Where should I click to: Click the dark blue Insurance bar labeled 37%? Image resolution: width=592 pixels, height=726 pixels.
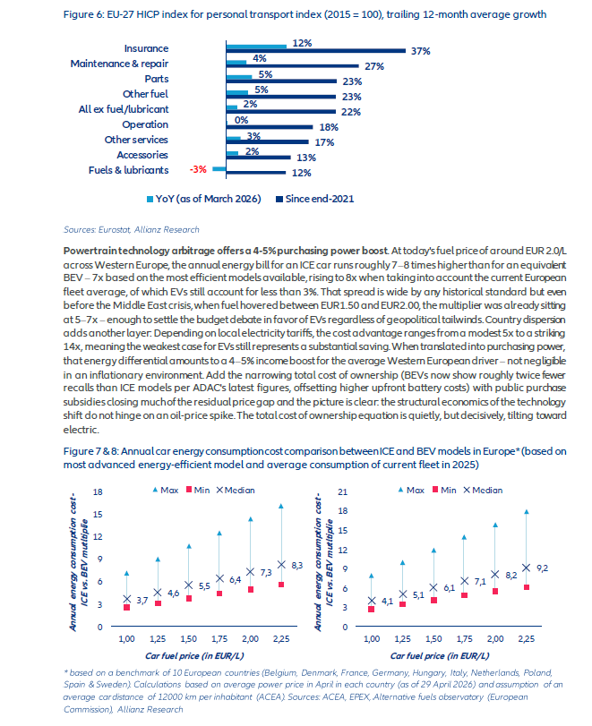tap(316, 51)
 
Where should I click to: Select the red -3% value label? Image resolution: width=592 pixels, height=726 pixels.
tap(198, 169)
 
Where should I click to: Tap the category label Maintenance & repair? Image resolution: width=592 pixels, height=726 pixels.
tap(119, 64)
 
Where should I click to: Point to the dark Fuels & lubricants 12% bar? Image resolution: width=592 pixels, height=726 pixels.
tap(256, 172)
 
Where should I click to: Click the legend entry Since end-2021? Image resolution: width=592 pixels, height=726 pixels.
tap(315, 199)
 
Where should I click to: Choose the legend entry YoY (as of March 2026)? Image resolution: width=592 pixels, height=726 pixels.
tap(204, 199)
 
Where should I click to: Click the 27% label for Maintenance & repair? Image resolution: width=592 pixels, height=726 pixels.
tap(374, 66)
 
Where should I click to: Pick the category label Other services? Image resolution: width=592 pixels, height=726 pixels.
tap(136, 140)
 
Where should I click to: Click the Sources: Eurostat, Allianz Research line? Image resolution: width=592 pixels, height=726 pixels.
tap(131, 230)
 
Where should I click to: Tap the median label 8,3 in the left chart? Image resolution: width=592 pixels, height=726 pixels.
tap(297, 566)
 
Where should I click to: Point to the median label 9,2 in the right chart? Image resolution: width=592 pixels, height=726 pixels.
tap(542, 568)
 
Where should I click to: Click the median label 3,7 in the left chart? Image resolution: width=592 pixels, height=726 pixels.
tap(142, 601)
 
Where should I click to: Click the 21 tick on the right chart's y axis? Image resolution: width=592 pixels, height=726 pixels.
tap(343, 491)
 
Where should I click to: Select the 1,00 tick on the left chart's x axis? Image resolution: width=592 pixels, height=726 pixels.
tap(126, 639)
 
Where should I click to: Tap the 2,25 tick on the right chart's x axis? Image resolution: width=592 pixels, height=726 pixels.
tap(527, 639)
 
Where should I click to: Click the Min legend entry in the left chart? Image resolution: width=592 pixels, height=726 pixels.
tap(198, 490)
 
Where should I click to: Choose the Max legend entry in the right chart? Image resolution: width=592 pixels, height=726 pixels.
tap(411, 490)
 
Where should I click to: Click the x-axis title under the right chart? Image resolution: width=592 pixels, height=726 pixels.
tap(440, 655)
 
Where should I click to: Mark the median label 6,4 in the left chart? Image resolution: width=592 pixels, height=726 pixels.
tap(236, 580)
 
